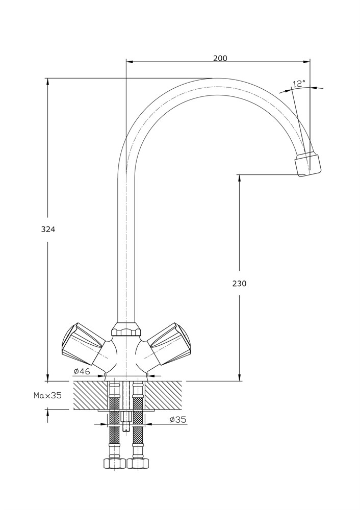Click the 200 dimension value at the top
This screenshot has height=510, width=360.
click(220, 58)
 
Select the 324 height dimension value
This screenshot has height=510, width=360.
click(48, 229)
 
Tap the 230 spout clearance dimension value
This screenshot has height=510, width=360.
click(239, 284)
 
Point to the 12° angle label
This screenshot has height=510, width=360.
click(299, 83)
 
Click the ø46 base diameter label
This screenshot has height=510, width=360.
click(82, 371)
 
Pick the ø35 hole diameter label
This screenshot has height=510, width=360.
click(178, 420)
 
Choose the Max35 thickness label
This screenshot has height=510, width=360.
click(47, 395)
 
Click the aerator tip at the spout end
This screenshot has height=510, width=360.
click(308, 164)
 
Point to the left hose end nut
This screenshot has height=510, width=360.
click(114, 464)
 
